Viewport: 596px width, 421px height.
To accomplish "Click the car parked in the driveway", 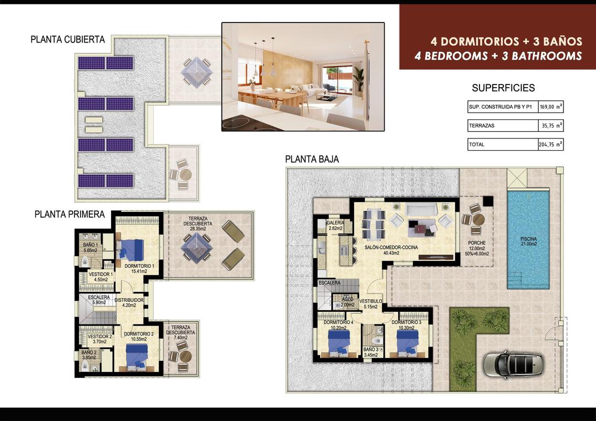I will pyautogui.click(x=513, y=364).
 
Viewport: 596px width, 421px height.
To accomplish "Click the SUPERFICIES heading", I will pyautogui.click(x=503, y=88).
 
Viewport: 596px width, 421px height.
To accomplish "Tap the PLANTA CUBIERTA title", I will pyautogui.click(x=68, y=39).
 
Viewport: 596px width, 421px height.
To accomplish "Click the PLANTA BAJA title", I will pyautogui.click(x=312, y=159).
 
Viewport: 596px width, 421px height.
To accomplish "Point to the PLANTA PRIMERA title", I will pyautogui.click(x=69, y=215).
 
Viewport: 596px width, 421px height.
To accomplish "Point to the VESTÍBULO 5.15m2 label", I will pyautogui.click(x=371, y=304).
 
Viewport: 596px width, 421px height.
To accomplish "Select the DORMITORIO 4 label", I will pyautogui.click(x=338, y=325).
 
